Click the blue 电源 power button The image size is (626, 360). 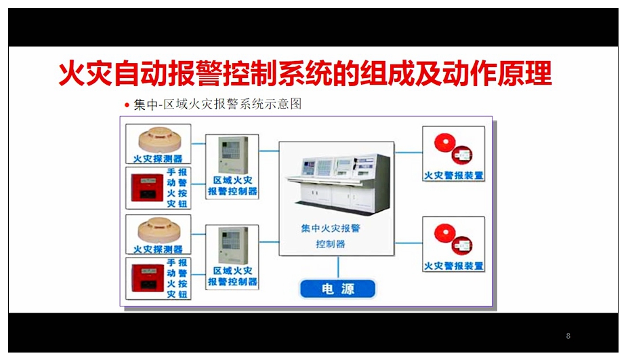coord(338,289)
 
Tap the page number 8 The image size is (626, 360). coord(568,336)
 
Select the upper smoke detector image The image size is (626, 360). coord(160,139)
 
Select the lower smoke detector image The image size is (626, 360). coord(159,230)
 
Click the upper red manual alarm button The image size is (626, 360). coord(147,188)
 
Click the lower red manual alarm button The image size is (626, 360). coord(147,278)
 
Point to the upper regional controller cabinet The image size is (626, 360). coord(233,155)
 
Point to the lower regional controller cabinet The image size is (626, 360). coord(233,245)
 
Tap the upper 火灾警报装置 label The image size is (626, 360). coord(453,176)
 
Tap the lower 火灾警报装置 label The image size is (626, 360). coord(453,266)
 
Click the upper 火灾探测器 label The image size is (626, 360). coord(158,159)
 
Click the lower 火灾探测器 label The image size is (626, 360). coord(158,249)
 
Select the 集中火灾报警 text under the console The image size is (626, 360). coord(331,228)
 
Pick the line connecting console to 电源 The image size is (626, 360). coord(338,267)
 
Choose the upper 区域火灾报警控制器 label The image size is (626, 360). coord(233,186)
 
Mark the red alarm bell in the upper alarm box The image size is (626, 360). coord(444,142)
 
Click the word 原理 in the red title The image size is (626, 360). coord(524,73)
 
